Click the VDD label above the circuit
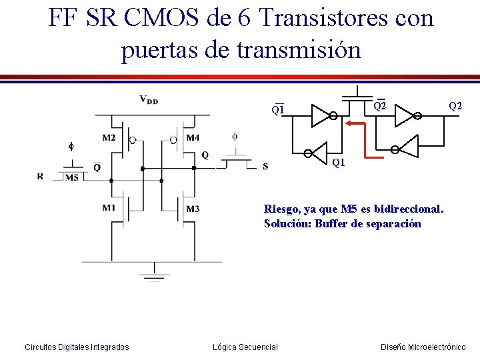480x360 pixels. [x=149, y=100]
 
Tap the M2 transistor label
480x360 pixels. [x=109, y=138]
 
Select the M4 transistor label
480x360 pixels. [x=193, y=138]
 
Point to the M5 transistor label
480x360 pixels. [x=72, y=177]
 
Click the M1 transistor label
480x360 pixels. [x=109, y=207]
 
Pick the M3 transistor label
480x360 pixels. [x=193, y=209]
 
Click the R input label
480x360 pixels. [x=41, y=177]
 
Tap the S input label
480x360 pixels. [x=265, y=166]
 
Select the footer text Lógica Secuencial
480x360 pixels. [x=245, y=347]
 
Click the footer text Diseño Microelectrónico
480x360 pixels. [x=423, y=347]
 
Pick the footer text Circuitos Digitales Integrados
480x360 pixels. [x=77, y=347]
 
